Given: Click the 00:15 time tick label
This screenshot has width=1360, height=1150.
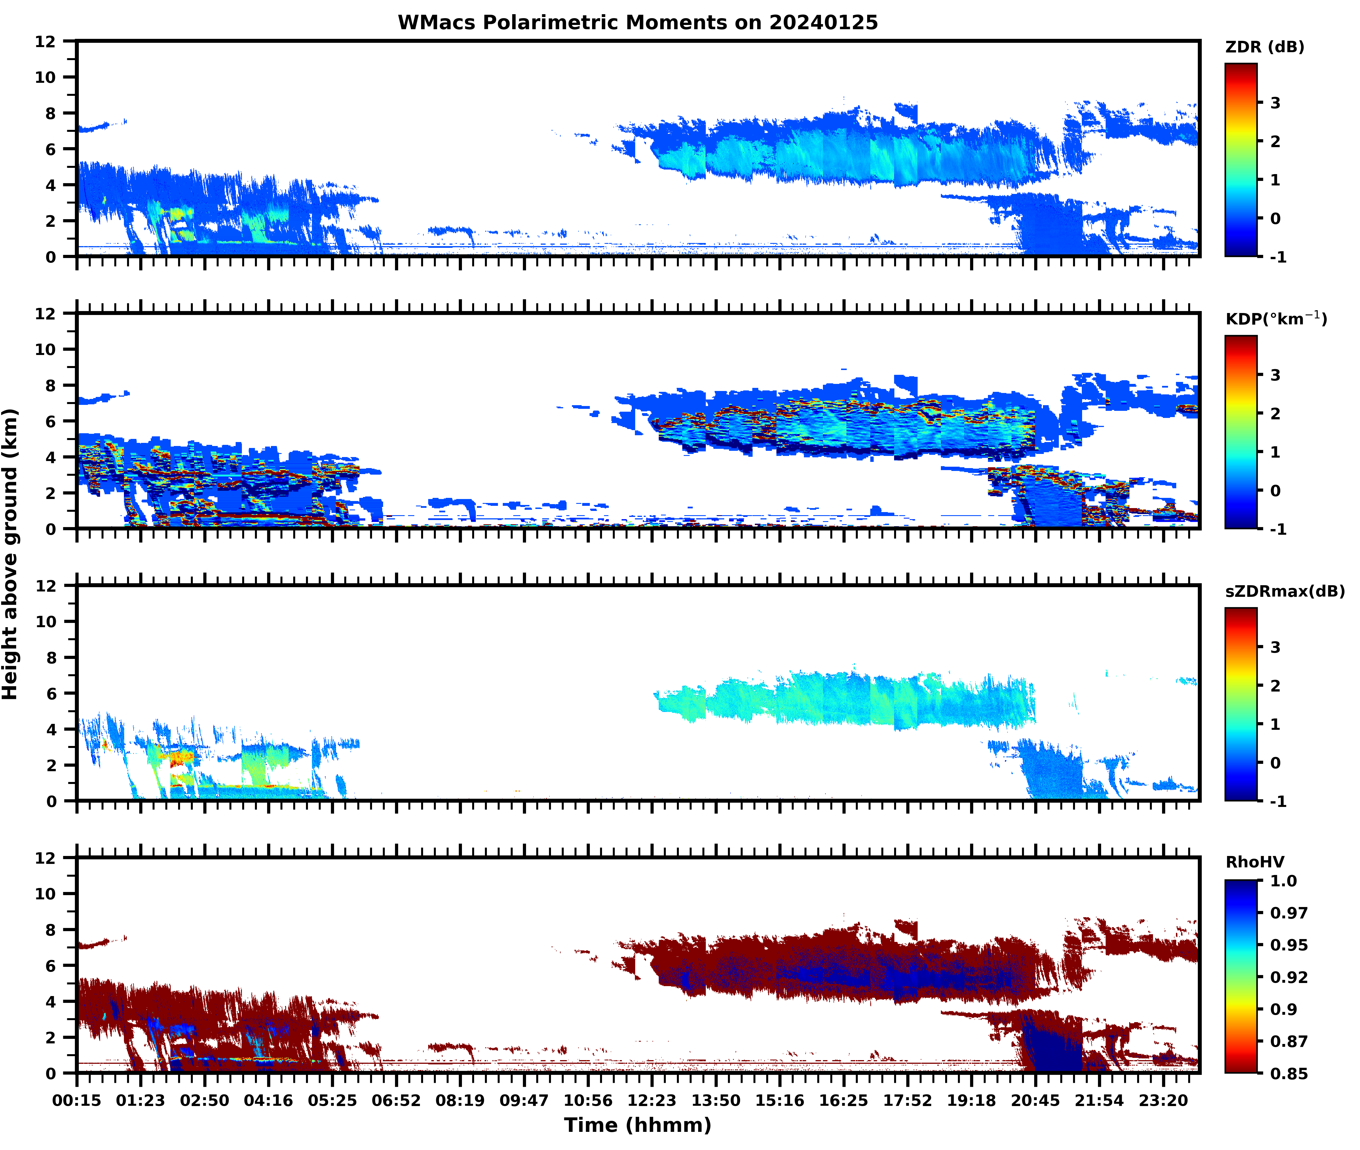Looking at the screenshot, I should [77, 1100].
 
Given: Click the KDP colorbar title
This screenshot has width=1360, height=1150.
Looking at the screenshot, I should [1276, 319].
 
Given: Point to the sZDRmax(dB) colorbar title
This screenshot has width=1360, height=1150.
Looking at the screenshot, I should [1284, 591].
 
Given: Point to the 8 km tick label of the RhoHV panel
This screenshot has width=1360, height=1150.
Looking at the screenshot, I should [50, 930].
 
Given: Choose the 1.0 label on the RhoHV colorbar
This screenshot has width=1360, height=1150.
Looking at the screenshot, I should [1283, 881].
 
